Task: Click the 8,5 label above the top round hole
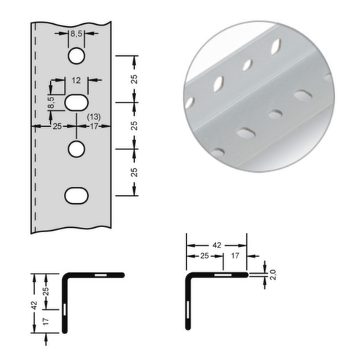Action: coord(76,34)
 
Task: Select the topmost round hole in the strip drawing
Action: coord(76,55)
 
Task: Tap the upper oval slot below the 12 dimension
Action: coord(76,102)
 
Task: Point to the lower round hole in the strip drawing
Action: coord(76,149)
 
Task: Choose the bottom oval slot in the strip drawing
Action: coord(76,194)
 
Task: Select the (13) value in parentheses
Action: coord(93,116)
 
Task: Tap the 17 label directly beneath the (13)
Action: coord(93,126)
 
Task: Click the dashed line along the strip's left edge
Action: coord(33,131)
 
